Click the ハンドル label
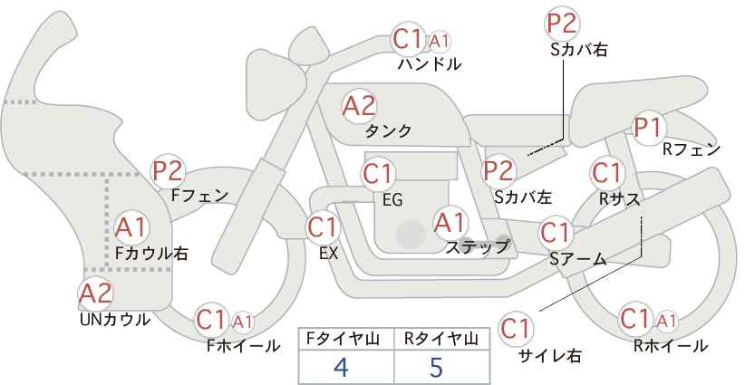coord(429,64)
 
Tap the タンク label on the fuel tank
coord(388,130)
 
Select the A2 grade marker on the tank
coord(359,106)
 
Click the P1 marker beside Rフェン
coord(648,128)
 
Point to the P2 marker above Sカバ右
coord(561,24)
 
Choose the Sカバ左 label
coord(523,197)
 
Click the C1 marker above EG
coord(377,174)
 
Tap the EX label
coord(328,253)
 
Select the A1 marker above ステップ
coord(450,222)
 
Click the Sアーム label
coord(577,258)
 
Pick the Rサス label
coord(619,199)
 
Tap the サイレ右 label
coord(550,356)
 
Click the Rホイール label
coord(671,346)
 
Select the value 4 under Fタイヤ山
coord(341,367)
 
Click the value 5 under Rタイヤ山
coord(436,367)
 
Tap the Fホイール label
coord(243,346)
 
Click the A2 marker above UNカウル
coord(95,294)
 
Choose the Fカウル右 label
coord(151,253)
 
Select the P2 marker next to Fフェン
coord(168,171)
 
